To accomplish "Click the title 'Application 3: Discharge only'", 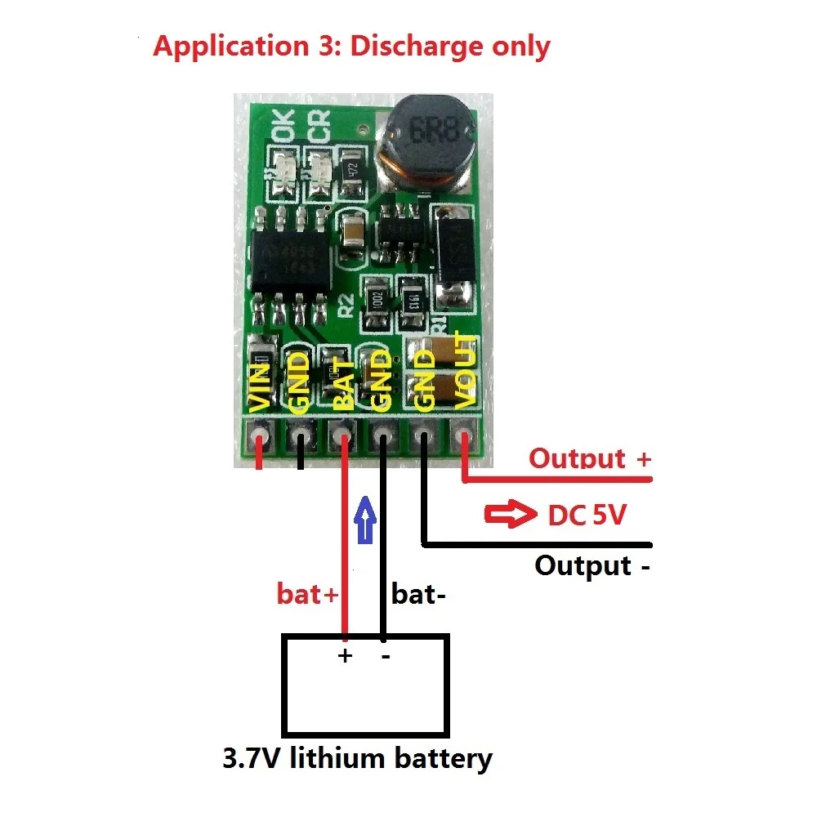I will [351, 46].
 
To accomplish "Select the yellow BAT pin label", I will [344, 384].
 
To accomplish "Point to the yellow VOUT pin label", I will [464, 371].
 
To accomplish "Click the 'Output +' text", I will [589, 458].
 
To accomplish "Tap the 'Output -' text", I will [592, 565].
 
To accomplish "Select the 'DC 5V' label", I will [585, 516].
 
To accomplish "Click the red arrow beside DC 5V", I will [507, 516].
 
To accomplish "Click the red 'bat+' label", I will [307, 594].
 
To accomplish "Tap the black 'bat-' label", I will [419, 594].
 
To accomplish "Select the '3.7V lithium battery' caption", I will [358, 759].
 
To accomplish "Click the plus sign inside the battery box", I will [345, 655].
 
